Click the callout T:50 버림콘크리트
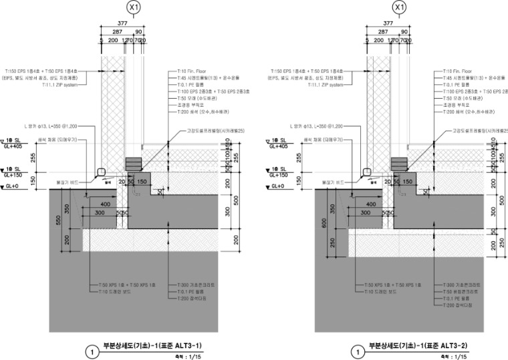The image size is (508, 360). [x=462, y=291]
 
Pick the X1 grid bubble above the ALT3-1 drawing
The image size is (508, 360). [x=134, y=7]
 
